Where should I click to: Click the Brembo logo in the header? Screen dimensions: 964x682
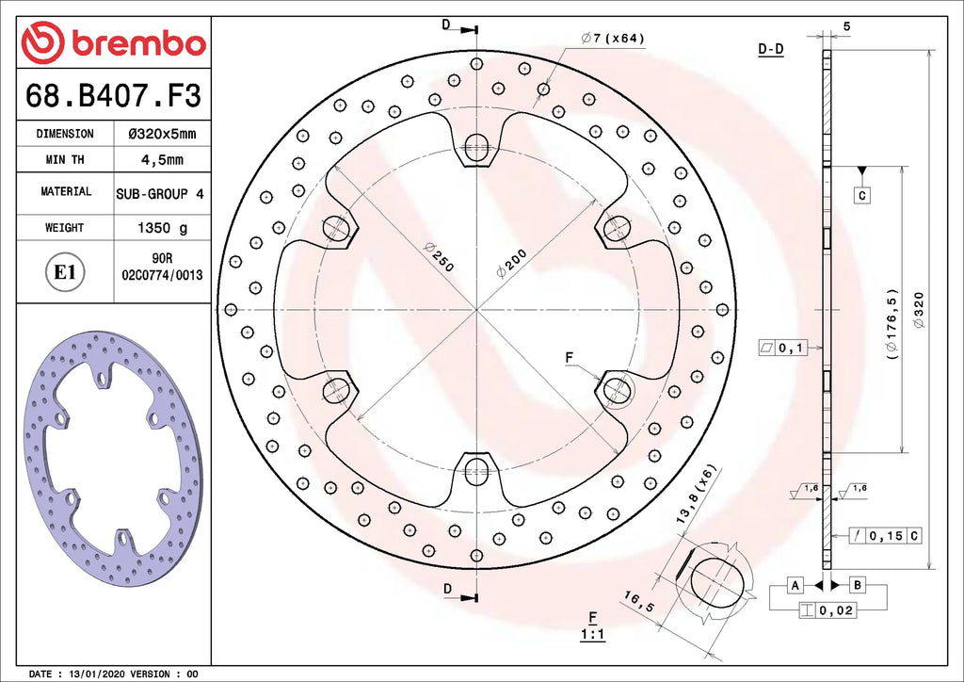tap(113, 42)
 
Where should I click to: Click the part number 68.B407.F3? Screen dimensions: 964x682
tap(113, 96)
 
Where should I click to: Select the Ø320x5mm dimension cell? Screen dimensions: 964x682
tap(162, 134)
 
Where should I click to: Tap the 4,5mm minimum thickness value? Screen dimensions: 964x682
tap(162, 160)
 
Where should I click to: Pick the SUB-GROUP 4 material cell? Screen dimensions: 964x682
tap(160, 194)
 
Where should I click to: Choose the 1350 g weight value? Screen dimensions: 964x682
tap(162, 228)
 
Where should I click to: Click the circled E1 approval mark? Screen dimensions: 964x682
tap(65, 272)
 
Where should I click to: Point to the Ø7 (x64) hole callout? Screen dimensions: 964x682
tap(612, 38)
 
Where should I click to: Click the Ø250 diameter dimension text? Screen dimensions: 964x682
tap(439, 257)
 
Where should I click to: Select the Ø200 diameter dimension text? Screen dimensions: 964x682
tap(511, 263)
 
